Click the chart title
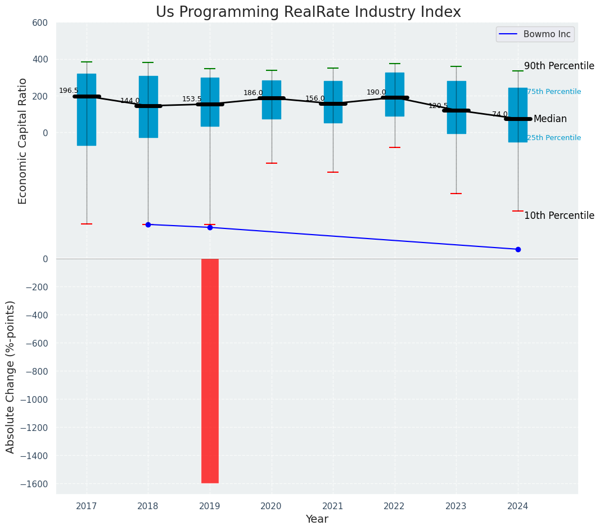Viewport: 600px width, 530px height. coord(308,12)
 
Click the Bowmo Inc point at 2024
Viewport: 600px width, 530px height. coord(518,249)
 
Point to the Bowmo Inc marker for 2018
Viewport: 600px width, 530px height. coord(148,224)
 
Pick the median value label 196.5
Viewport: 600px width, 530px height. coord(69,91)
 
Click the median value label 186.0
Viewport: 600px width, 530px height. coord(253,93)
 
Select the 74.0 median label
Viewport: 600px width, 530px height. coord(499,114)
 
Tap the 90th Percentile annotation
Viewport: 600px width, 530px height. coord(559,66)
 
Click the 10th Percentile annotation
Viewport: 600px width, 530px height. coord(559,215)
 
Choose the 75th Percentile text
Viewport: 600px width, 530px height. coord(554,92)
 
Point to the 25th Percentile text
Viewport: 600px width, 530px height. coord(554,138)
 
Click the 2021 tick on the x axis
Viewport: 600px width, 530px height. coord(333,506)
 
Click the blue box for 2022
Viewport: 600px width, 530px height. coord(395,94)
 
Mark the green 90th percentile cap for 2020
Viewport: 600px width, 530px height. coord(272,70)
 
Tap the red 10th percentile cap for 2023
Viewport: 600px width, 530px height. coord(456,194)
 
